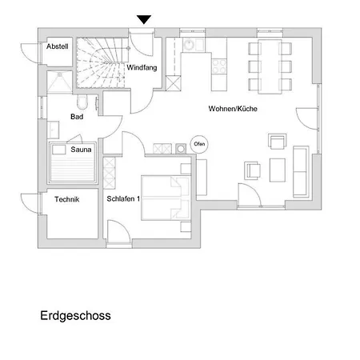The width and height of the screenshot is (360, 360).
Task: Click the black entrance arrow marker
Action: tap(144, 19)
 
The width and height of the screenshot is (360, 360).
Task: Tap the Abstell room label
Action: tap(58, 46)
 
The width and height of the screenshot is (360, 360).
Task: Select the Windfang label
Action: tap(142, 67)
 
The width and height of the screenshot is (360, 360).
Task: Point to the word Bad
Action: tap(77, 117)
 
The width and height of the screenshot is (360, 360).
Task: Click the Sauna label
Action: tap(81, 150)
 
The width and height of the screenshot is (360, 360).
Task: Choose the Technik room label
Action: tap(67, 199)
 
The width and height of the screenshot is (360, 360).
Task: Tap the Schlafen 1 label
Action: tap(123, 198)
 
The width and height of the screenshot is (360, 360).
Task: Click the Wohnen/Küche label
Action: tap(233, 109)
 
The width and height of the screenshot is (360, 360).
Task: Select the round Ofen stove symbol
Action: tap(199, 144)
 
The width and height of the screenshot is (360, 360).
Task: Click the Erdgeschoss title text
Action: tap(75, 316)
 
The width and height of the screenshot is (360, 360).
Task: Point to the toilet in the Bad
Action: tap(82, 102)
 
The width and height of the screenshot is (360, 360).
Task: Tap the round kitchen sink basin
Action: tap(190, 45)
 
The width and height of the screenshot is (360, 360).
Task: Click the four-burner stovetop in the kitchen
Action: tap(219, 66)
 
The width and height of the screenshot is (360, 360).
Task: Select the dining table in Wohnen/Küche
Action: tap(270, 66)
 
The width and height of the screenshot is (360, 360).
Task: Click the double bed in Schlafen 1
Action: tap(166, 198)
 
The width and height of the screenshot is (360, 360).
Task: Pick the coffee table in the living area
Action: tap(278, 170)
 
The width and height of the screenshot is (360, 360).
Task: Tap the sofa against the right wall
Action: tap(301, 171)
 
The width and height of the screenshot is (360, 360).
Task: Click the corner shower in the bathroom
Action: tap(59, 82)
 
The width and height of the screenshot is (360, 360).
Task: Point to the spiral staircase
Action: tap(101, 62)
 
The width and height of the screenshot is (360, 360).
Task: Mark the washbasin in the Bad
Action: tap(53, 130)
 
